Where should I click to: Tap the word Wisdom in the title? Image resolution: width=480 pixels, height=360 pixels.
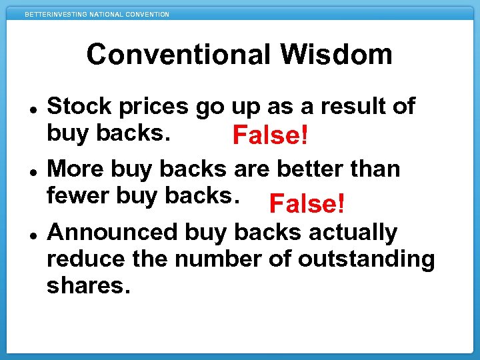click(345, 55)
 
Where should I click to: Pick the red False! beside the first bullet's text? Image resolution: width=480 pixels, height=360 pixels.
click(270, 137)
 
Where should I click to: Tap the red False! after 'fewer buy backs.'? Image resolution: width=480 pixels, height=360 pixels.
click(307, 204)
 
